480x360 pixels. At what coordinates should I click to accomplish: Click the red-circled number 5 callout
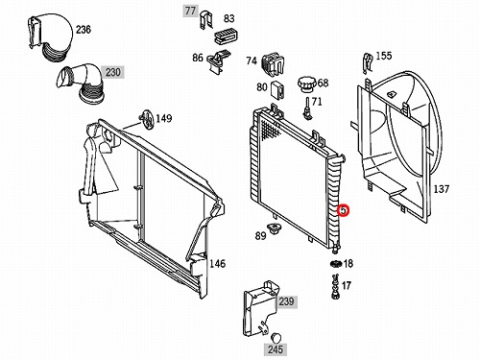pos(343,210)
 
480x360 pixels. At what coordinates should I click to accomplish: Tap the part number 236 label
pos(84,30)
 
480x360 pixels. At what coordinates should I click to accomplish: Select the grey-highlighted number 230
pos(112,72)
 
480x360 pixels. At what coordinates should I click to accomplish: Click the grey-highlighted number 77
pos(190,12)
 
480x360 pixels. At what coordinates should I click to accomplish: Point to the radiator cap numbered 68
pos(307,84)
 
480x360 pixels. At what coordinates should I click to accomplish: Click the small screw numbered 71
pos(307,108)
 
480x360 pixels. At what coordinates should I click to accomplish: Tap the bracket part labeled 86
pos(218,60)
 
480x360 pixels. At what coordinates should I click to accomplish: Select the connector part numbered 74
pos(273,65)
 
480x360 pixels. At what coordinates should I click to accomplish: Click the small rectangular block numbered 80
pos(277,90)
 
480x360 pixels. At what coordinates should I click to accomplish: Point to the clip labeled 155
pos(368,63)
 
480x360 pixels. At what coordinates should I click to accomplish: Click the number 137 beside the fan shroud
pos(442,189)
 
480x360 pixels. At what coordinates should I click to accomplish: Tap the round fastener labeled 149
pos(147,119)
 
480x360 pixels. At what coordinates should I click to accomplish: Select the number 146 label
pos(217,264)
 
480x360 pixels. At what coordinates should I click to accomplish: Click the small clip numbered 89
pos(275,228)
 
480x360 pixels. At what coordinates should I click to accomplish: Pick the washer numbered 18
pos(336,264)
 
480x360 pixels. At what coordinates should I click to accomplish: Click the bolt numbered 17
pos(335,286)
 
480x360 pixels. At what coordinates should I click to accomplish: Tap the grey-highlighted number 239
pos(286,301)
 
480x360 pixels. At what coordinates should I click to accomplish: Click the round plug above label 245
pos(276,338)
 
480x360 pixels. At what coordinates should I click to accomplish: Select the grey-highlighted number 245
pos(276,349)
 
